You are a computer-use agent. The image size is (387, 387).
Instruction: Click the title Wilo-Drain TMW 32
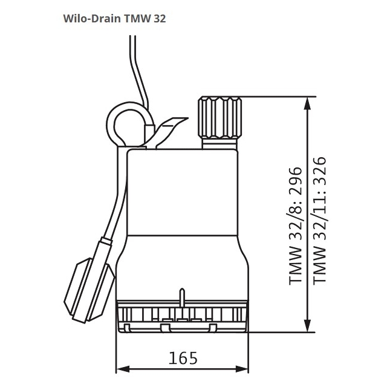coord(114,19)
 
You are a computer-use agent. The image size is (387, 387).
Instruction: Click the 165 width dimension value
coord(183,358)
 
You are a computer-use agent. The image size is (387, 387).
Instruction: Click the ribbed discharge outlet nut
coord(220,117)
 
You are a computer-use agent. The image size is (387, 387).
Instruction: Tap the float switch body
coord(89,290)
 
